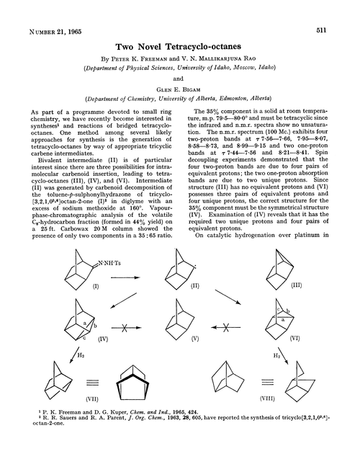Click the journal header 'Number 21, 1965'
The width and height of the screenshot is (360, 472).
[x=55, y=12]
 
